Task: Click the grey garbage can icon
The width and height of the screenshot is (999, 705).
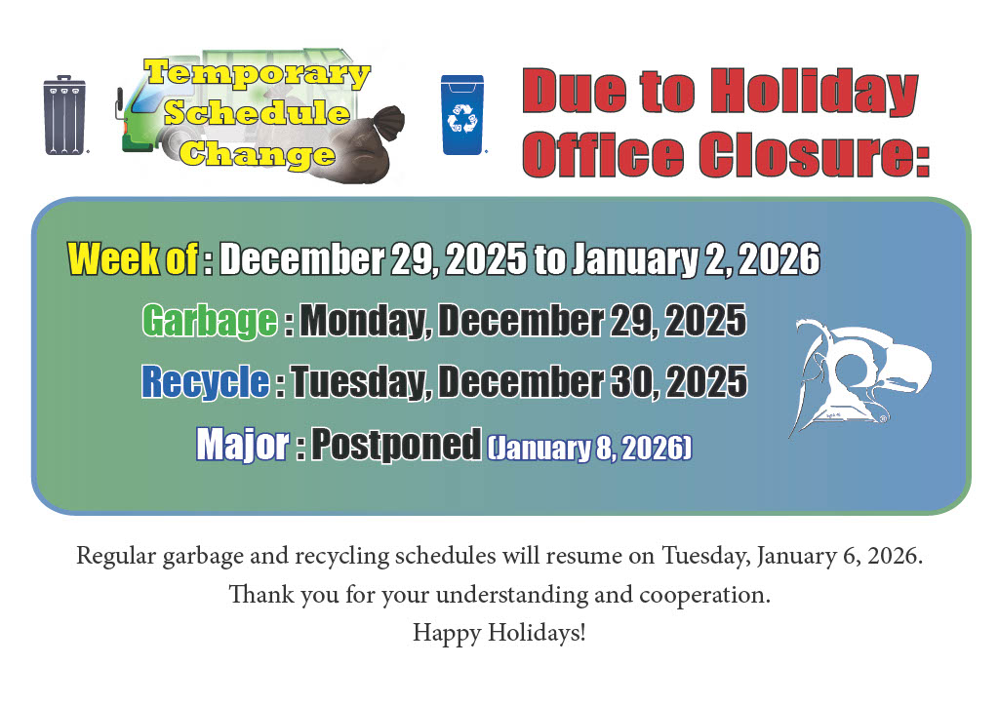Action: tap(64, 115)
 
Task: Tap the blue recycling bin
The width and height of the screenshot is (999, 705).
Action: tap(462, 115)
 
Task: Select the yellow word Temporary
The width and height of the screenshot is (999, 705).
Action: tap(257, 74)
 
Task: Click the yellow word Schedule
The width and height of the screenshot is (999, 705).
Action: tap(257, 113)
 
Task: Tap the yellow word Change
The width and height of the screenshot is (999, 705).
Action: tap(257, 155)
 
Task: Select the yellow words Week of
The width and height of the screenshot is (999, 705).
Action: tap(133, 258)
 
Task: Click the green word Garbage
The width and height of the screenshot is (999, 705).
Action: tap(210, 321)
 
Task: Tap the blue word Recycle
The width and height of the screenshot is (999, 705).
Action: tap(206, 381)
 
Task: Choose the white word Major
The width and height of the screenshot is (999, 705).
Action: tap(243, 444)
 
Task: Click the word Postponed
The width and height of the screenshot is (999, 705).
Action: tap(396, 445)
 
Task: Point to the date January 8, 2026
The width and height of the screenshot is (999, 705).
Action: tap(590, 448)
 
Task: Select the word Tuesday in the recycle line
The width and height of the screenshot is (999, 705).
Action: tap(359, 382)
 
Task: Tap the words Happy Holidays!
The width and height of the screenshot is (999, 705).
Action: tap(499, 633)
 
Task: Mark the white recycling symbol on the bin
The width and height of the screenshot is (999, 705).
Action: tap(462, 118)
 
